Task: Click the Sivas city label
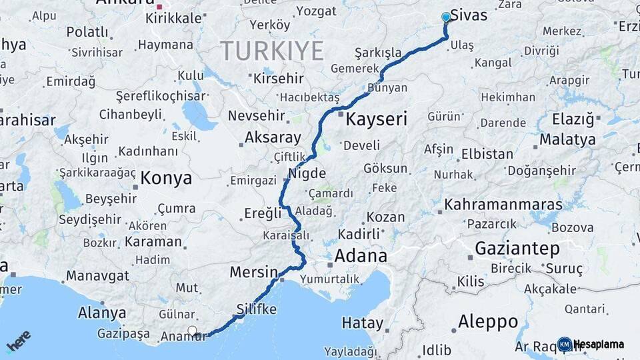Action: tap(469, 15)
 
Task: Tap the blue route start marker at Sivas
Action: tap(446, 17)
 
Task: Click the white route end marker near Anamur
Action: tap(193, 331)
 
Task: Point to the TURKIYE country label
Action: tap(272, 51)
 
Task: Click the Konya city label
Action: tap(166, 178)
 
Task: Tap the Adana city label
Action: tap(361, 255)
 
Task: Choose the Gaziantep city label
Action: tap(517, 249)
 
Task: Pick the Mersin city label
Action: tap(253, 272)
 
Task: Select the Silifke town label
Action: tap(256, 309)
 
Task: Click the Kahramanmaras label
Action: tap(504, 204)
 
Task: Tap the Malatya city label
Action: tap(567, 139)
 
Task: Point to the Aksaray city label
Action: tap(274, 137)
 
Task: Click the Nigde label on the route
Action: tap(307, 173)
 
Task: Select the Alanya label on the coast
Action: tap(102, 312)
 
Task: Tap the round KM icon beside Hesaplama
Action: tap(565, 344)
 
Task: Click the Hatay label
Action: tap(363, 323)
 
